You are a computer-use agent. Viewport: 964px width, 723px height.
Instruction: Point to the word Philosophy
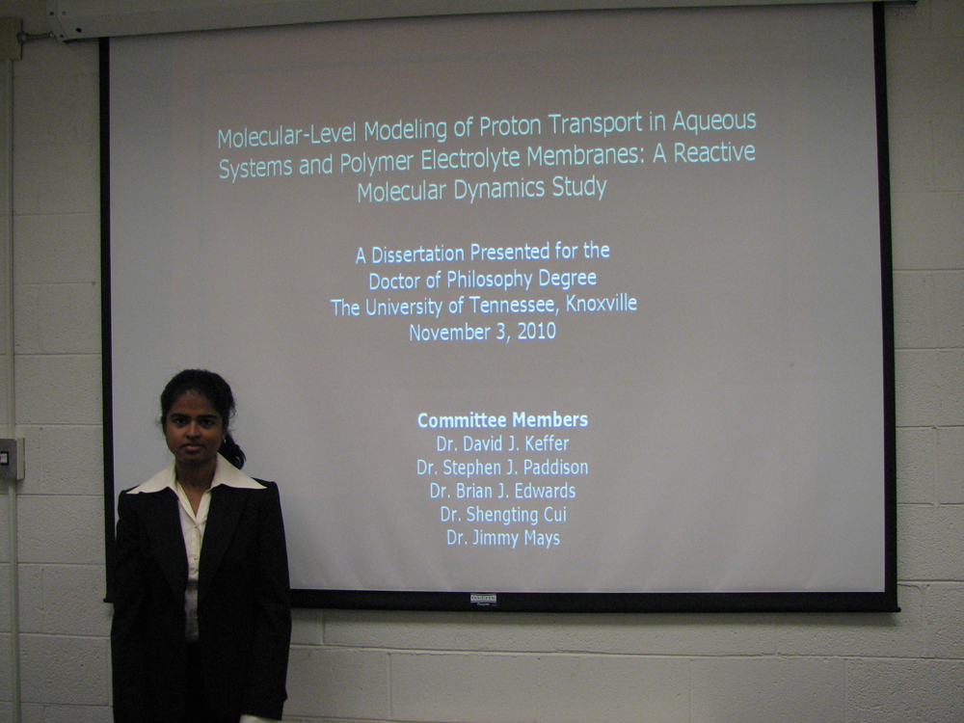[x=490, y=280]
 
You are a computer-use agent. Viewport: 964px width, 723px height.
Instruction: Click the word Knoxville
[x=602, y=304]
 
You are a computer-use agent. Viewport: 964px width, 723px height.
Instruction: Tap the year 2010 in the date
[x=536, y=332]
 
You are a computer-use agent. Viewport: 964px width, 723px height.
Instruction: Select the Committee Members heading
[x=502, y=420]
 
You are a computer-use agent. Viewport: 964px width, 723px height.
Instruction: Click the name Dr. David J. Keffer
[x=502, y=443]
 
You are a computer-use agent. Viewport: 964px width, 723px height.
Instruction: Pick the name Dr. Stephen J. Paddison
[x=502, y=468]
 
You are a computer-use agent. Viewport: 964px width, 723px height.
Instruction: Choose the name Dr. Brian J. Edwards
[x=502, y=492]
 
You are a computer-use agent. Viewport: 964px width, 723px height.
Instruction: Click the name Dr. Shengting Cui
[x=503, y=515]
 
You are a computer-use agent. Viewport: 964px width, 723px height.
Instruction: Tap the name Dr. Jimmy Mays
[x=503, y=538]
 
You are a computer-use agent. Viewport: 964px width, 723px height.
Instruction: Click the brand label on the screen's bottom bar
[x=483, y=600]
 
